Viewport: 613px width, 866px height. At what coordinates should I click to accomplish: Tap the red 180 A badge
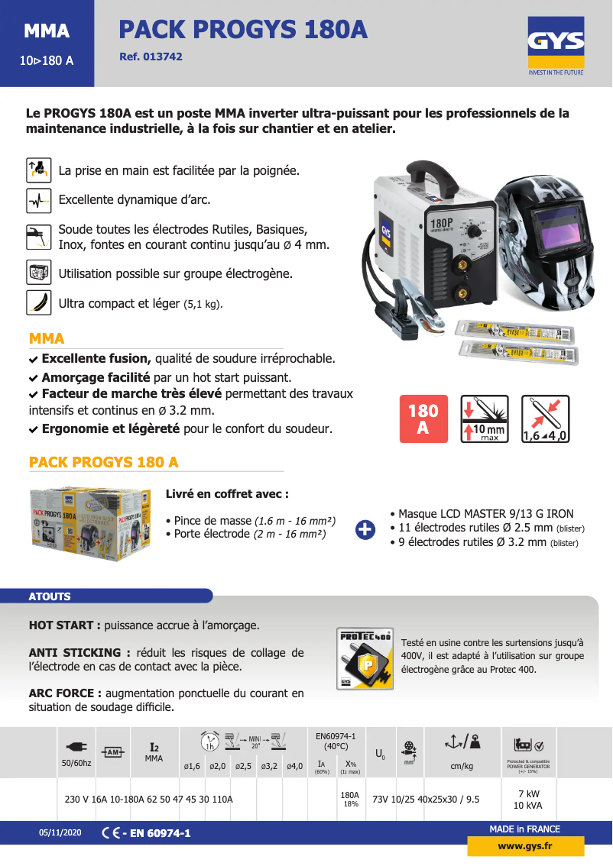tap(423, 419)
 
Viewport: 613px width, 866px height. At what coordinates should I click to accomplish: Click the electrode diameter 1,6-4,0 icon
tap(545, 419)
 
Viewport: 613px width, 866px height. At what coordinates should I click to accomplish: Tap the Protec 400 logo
tap(365, 658)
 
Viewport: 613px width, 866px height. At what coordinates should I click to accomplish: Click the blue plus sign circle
tap(366, 528)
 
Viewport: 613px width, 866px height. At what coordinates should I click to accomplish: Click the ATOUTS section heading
tap(50, 596)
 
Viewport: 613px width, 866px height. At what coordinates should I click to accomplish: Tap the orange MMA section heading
tap(47, 338)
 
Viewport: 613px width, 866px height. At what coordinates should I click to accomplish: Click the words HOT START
tap(60, 625)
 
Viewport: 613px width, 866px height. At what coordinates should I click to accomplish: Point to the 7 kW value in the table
tap(528, 793)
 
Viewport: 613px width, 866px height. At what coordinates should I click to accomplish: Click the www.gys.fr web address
tap(525, 846)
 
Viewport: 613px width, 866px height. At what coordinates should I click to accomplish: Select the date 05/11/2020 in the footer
tap(60, 833)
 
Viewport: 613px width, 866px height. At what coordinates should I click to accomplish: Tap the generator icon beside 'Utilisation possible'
tap(38, 273)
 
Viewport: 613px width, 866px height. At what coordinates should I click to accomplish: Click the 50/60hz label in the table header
tap(76, 763)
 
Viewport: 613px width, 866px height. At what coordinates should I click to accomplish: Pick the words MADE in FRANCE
tap(524, 829)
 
